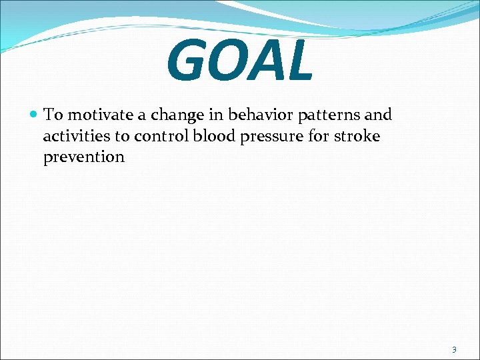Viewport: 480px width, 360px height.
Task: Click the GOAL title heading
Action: [239, 61]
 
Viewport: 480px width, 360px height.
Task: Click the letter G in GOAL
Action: [189, 62]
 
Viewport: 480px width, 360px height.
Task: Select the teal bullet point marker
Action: [34, 115]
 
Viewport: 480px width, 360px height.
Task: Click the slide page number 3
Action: [454, 349]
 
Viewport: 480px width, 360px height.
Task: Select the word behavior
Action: [261, 115]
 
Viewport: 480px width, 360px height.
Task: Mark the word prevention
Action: [83, 157]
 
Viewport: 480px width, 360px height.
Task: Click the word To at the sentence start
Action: [53, 115]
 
